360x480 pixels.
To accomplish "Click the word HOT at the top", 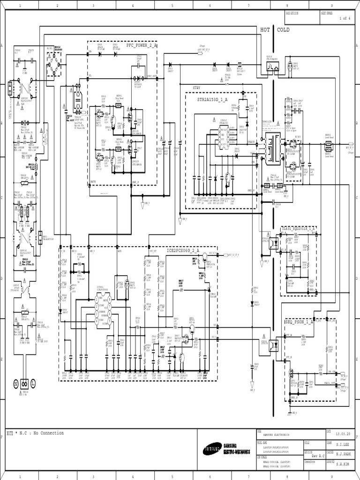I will (266, 30).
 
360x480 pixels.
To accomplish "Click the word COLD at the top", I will (283, 30).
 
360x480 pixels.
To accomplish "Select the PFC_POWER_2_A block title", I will (142, 45).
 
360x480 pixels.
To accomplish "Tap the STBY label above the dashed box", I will (196, 87).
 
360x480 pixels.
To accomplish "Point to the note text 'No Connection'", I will (47, 433).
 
